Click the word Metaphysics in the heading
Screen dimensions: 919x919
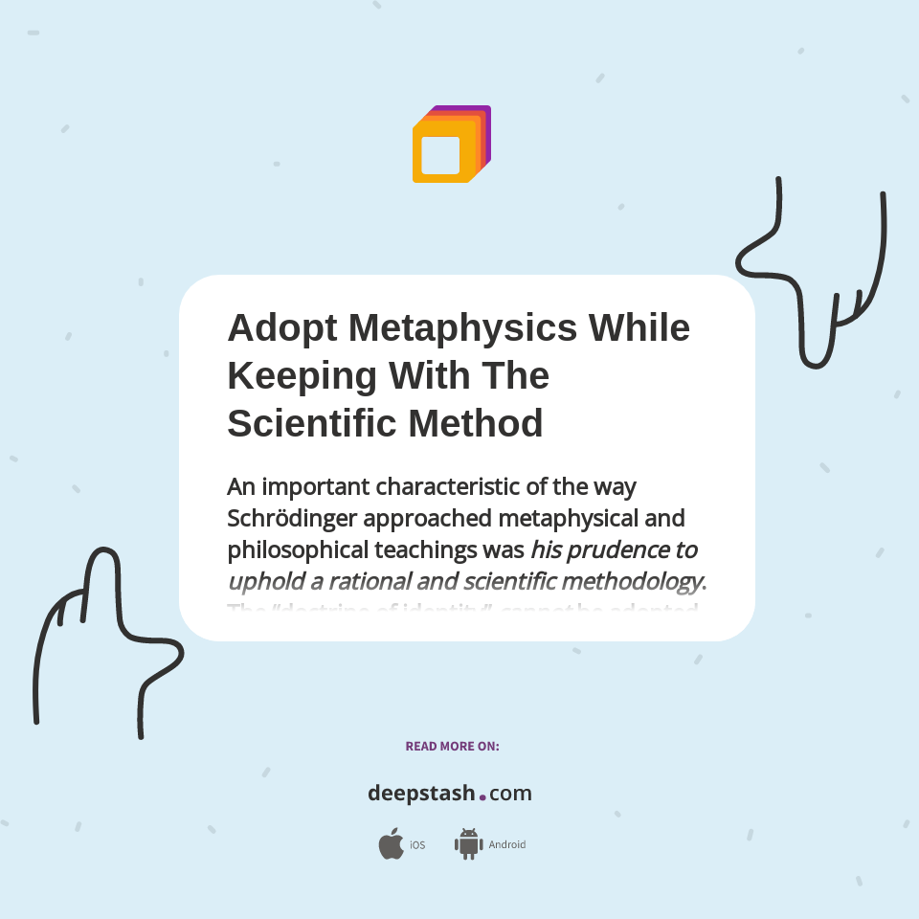462,328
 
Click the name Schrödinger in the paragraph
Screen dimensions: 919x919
292,518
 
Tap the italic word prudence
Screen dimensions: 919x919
599,550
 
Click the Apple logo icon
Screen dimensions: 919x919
391,843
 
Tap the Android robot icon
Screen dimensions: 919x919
468,843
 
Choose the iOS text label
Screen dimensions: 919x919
417,845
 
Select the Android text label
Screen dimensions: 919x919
506,845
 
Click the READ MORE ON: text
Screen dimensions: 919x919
452,746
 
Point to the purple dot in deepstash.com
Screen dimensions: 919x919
482,796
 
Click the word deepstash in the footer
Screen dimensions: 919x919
421,794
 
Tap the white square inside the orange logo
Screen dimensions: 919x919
440,155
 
